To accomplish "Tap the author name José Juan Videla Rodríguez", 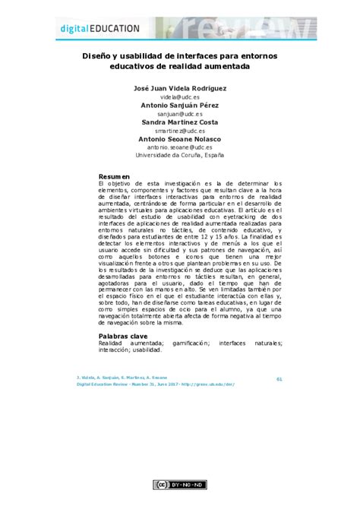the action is coord(179,88).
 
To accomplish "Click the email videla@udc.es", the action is coord(179,96).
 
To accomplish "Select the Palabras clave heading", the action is coord(124,335).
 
